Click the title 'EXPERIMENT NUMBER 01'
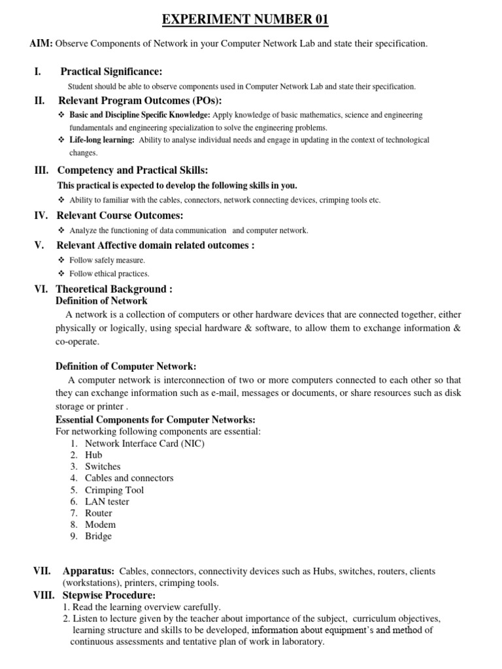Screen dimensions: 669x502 click(245, 20)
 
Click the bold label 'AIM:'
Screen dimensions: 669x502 click(41, 44)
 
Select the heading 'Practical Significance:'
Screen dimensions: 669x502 click(111, 71)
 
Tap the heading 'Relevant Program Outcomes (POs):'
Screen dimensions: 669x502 click(140, 100)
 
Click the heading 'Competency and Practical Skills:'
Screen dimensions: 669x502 click(133, 171)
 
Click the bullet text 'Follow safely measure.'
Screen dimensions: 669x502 click(107, 260)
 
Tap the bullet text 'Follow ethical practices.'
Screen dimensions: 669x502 click(109, 274)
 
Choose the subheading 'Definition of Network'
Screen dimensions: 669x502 click(101, 301)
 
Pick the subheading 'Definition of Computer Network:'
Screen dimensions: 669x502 click(125, 367)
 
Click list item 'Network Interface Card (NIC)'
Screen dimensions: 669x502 click(144, 443)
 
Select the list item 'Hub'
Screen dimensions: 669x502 click(93, 455)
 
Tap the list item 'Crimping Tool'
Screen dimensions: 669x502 click(114, 490)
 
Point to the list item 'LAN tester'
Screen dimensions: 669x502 click(107, 502)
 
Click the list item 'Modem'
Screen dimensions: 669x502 click(100, 525)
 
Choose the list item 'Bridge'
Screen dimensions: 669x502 click(98, 536)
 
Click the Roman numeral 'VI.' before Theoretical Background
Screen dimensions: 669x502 click(42, 289)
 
